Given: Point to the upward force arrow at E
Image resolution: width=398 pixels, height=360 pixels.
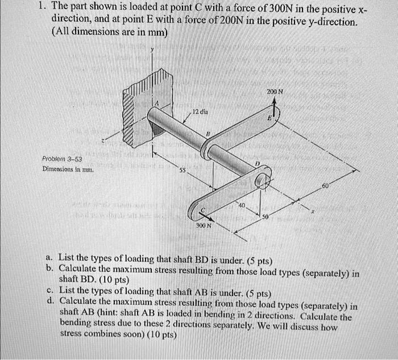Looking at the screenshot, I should (275, 109).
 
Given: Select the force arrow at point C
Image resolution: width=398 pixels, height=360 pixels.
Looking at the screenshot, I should (208, 215).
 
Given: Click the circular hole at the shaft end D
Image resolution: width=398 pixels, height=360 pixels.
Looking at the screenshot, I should (262, 181).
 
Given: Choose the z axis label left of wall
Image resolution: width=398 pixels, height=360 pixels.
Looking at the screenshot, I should (102, 140).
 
